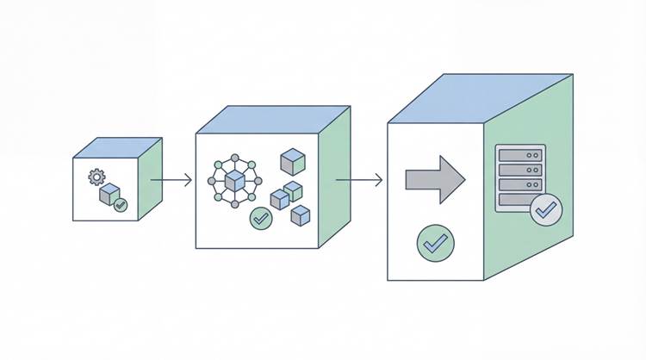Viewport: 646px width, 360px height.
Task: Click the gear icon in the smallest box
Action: click(96, 177)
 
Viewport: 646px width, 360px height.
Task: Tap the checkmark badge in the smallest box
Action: click(121, 205)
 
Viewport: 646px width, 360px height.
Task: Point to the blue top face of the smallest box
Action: click(118, 148)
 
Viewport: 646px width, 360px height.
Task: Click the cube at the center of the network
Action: click(234, 182)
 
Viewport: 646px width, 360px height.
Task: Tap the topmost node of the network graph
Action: click(234, 156)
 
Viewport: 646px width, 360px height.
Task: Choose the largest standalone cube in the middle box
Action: click(293, 160)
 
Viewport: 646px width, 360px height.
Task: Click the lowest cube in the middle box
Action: click(300, 215)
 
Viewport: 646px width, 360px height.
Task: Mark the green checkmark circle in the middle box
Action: click(261, 218)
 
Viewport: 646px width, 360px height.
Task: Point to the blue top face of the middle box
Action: click(274, 120)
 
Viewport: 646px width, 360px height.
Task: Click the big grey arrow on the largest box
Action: click(435, 180)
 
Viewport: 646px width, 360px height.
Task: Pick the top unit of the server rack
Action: click(521, 155)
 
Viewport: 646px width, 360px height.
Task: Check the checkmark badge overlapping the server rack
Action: click(546, 209)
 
